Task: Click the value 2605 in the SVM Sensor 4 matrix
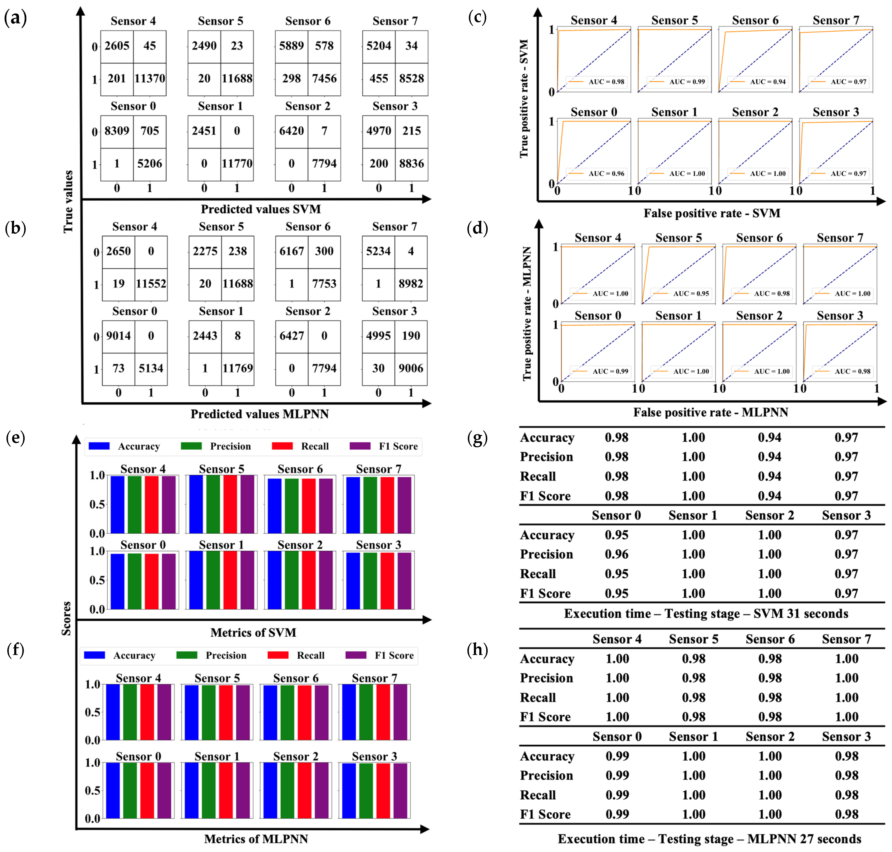117,46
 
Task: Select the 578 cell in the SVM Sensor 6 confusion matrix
324,46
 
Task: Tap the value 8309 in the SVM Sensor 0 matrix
117,131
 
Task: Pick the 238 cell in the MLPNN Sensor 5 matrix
237,251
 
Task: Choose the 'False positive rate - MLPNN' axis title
711,412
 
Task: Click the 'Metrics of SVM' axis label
253,633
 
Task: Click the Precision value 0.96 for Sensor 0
616,554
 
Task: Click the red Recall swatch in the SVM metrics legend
282,446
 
